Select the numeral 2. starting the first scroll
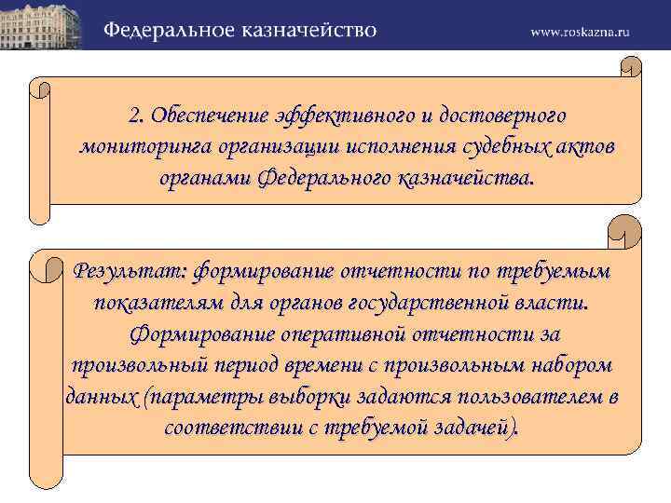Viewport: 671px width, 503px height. pos(138,116)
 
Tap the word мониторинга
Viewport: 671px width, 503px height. pos(143,147)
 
